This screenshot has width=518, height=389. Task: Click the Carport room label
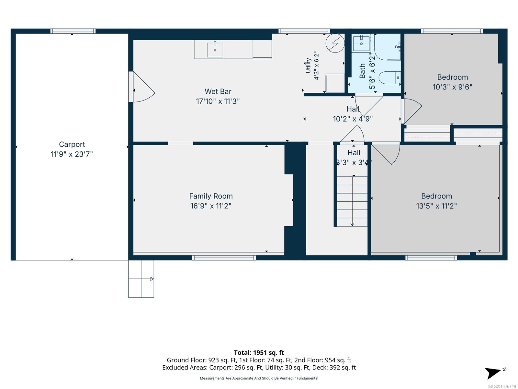pos(72,144)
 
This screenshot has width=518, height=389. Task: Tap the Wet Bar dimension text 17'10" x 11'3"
pos(218,101)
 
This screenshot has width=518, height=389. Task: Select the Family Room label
pos(211,196)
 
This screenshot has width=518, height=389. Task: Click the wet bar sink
pos(215,49)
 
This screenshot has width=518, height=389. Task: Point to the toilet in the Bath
pos(389,77)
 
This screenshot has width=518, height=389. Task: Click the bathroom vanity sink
pos(361,43)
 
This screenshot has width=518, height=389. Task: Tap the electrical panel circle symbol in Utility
pos(335,43)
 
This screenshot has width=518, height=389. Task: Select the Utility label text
pos(308,65)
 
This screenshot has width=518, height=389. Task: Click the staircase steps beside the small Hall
pos(352,201)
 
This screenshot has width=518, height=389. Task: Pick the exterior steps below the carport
pos(141,279)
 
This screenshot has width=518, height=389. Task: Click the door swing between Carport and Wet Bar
pos(141,87)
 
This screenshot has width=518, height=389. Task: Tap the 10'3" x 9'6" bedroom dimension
pos(452,87)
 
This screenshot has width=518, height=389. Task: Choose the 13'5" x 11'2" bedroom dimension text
pos(436,206)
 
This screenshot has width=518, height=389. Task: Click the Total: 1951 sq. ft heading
pos(259,352)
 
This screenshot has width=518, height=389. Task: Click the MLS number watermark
pos(502,386)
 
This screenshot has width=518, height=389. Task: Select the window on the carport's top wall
pos(73,31)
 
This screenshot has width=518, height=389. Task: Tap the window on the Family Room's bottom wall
pos(224,258)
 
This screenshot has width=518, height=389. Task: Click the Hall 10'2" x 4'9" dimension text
pos(353,119)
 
